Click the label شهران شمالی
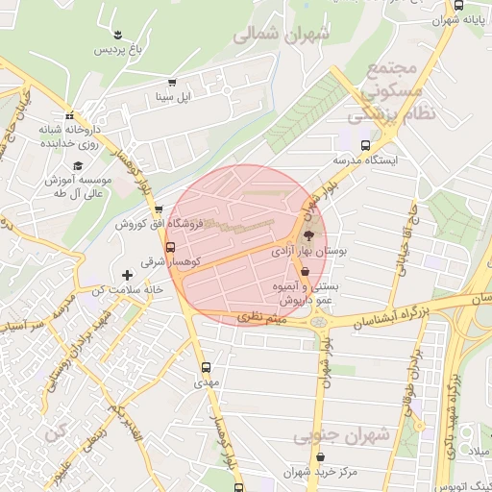[282, 34]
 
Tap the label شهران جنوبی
[341, 435]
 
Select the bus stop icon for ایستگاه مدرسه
[363, 144]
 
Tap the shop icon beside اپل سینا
[172, 83]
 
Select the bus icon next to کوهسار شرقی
[171, 246]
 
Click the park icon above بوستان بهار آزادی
[308, 234]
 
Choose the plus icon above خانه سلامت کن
[126, 275]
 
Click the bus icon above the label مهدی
[206, 367]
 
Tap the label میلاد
[477, 451]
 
